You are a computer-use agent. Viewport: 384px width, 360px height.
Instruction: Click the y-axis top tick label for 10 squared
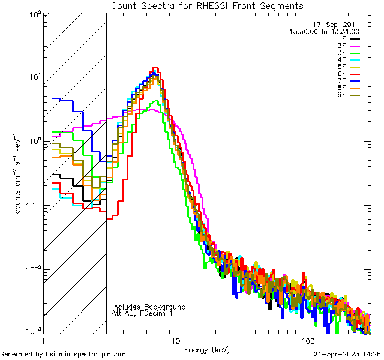[32, 13]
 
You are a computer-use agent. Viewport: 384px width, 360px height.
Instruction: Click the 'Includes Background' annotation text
[149, 307]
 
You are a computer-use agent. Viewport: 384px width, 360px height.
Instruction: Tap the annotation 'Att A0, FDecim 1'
[142, 313]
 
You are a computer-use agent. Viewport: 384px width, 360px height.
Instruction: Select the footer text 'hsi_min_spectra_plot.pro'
[86, 354]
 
